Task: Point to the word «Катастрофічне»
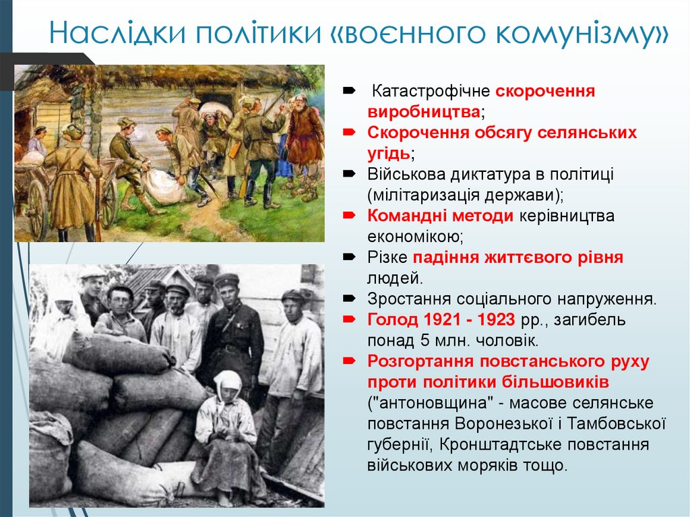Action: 431,91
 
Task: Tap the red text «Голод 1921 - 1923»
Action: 441,319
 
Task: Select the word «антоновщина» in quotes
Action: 435,402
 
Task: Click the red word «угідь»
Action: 388,153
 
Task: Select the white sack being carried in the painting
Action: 164,186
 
